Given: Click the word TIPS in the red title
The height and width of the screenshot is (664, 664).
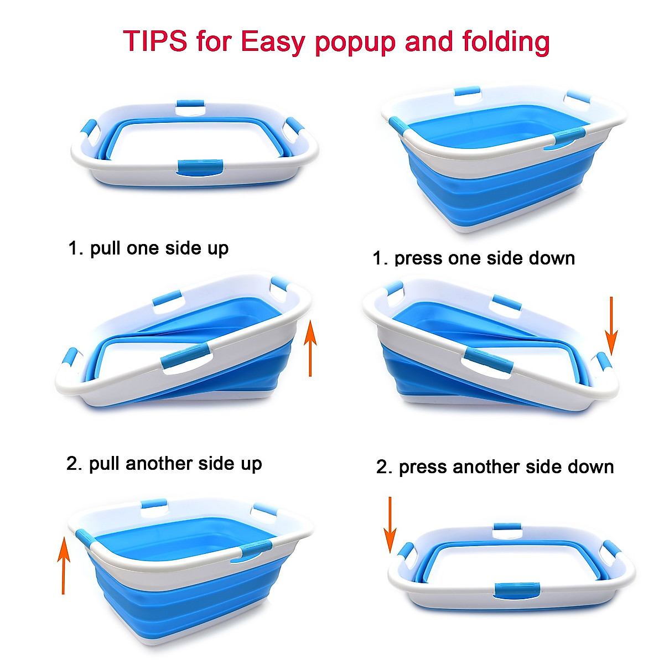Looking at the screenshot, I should (x=155, y=41).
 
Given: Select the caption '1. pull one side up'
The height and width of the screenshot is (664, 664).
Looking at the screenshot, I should (x=148, y=248).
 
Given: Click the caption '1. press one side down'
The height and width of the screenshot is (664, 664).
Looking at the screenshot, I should (x=474, y=258).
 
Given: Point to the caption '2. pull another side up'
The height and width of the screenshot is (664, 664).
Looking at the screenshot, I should (x=164, y=464).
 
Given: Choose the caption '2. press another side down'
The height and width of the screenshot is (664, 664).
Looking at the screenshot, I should (x=495, y=467).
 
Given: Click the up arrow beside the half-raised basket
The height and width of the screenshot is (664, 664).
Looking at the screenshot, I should (x=311, y=347).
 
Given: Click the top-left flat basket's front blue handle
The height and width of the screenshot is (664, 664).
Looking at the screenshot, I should (x=200, y=166).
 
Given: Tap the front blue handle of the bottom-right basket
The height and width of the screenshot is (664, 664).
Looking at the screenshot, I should (x=518, y=590).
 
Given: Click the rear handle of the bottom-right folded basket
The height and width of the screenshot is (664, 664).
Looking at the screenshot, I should (x=507, y=528).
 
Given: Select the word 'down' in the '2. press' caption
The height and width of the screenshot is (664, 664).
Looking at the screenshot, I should (x=591, y=467).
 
